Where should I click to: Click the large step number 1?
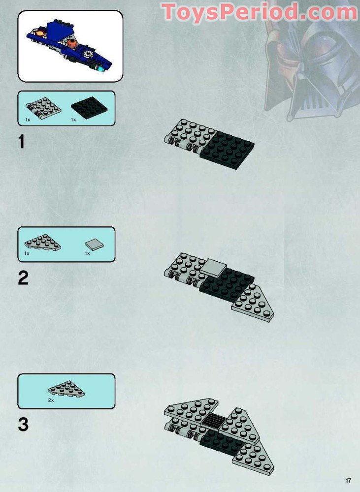22,142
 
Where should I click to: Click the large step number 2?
23,278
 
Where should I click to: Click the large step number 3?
23,425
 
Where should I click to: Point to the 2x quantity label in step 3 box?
51,400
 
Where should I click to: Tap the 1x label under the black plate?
73,120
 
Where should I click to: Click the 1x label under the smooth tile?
87,253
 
